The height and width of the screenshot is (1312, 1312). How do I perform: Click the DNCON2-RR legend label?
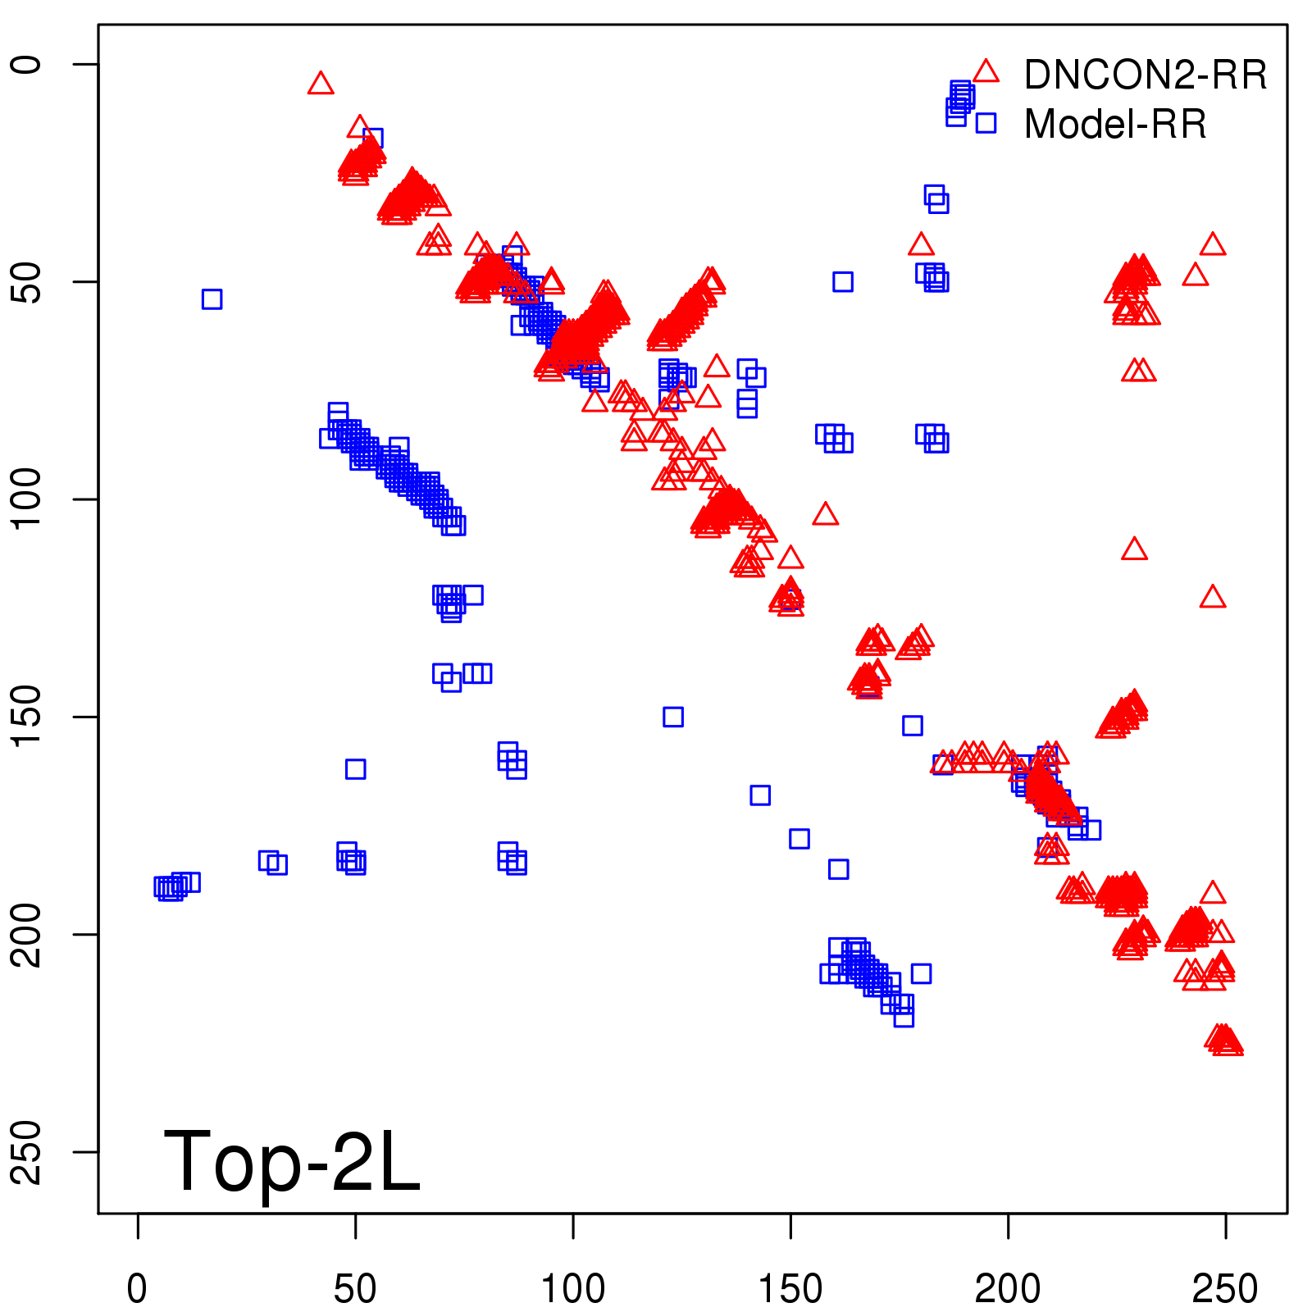(x=1145, y=75)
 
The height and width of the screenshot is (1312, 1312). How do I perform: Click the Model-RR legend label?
(x=1115, y=125)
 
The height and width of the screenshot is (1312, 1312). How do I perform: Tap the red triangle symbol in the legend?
(x=986, y=72)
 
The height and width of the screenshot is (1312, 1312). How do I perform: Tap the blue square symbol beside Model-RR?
(x=986, y=123)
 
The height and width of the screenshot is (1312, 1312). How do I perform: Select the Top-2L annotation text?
(x=292, y=1161)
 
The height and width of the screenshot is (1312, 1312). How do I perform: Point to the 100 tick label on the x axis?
(x=572, y=1289)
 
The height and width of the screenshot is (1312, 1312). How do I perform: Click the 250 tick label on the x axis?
(x=1225, y=1289)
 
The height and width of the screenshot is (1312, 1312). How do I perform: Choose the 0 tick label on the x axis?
(x=137, y=1289)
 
